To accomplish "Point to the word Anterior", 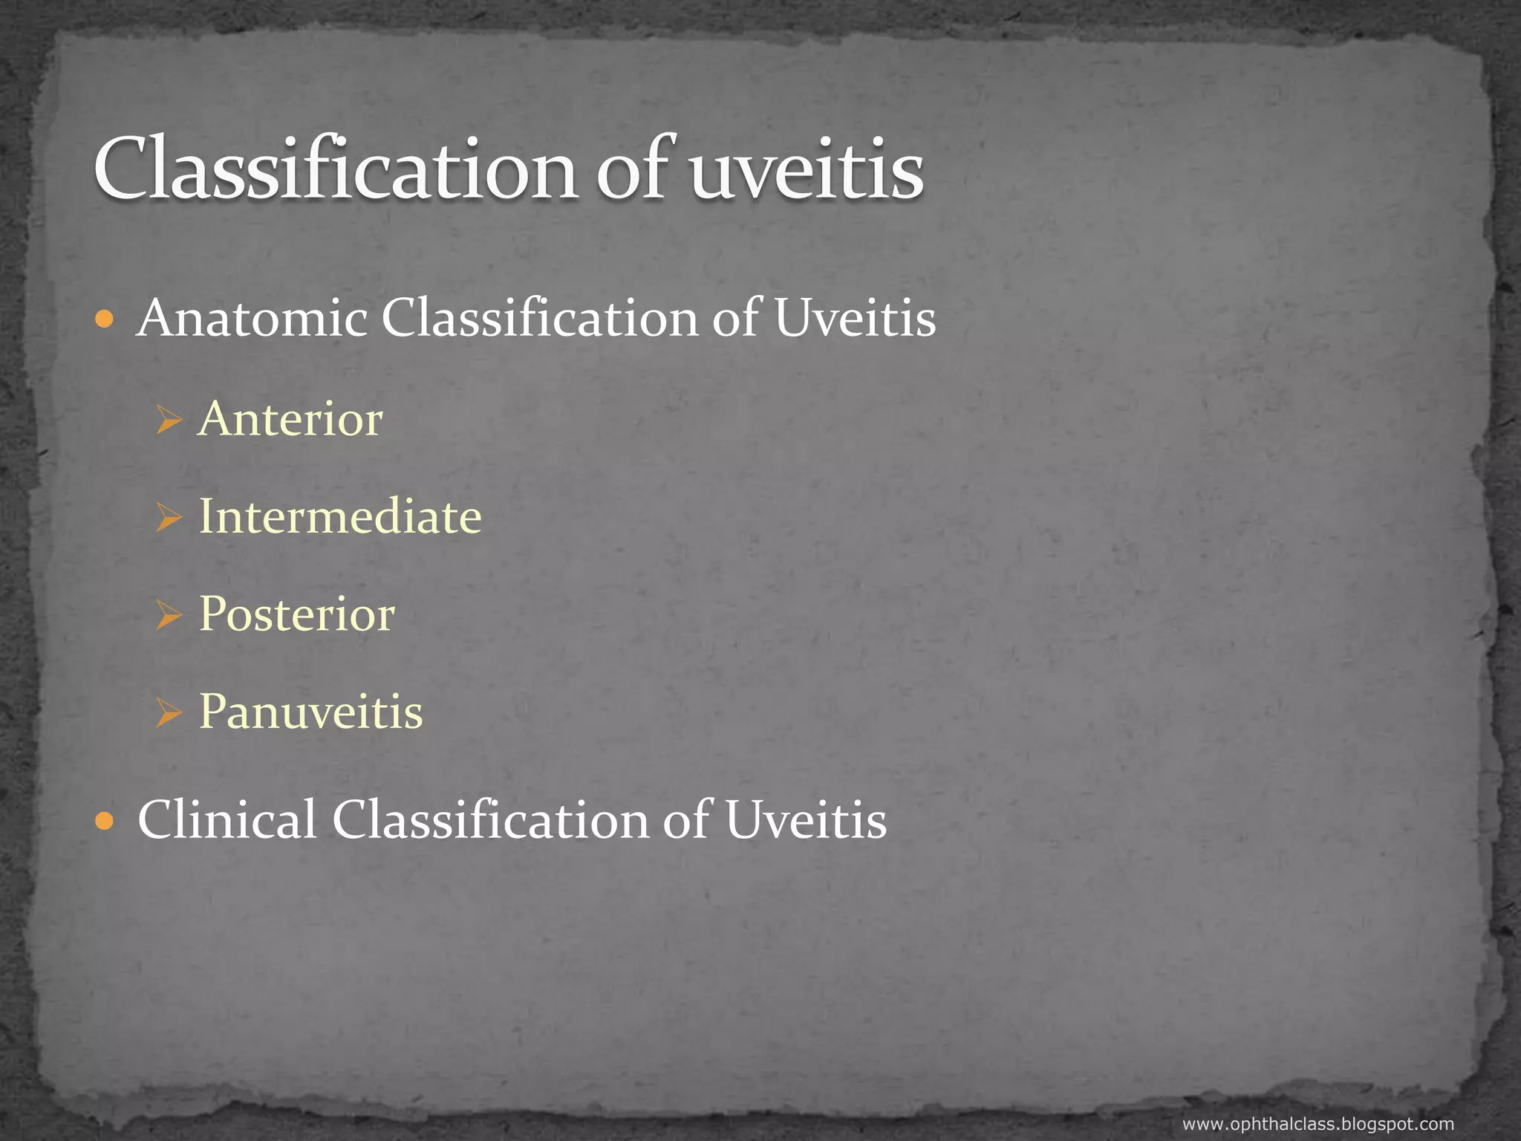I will point(290,419).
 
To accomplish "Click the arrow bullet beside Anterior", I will point(169,420).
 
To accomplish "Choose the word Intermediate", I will point(340,516).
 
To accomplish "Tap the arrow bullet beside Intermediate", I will point(169,518).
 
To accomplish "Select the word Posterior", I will point(296,614).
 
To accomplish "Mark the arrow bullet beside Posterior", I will point(169,616).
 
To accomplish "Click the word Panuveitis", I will point(310,712).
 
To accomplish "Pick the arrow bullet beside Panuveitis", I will point(169,713).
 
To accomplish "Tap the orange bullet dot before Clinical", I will point(105,822).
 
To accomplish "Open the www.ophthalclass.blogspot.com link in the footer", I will point(1318,1125).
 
